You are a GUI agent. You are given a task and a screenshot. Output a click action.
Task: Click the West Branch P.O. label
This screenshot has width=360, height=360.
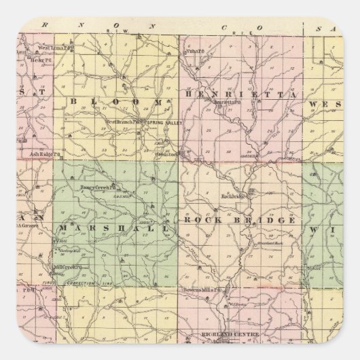point(123,122)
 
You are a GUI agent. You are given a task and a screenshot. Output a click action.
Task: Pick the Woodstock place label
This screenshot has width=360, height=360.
point(167,154)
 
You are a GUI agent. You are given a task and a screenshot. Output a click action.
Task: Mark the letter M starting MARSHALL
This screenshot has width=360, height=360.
point(63,228)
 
